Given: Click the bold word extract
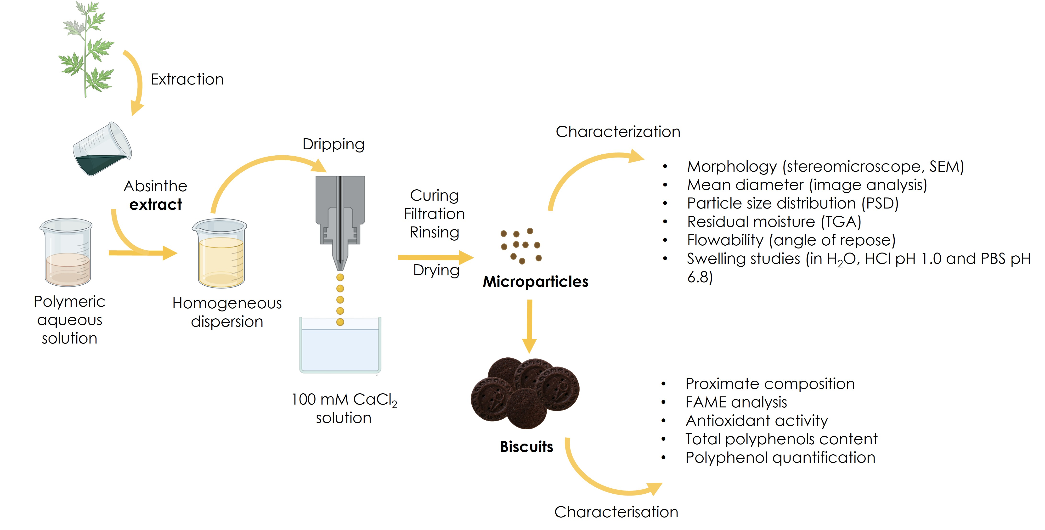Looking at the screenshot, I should point(155,205).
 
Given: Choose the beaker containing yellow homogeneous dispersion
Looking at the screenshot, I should point(220,254).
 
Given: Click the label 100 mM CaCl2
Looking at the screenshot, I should point(344,400).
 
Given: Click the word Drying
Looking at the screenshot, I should point(436,270).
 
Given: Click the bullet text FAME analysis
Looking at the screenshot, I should point(736,402).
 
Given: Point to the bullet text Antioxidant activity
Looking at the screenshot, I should point(756,421).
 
